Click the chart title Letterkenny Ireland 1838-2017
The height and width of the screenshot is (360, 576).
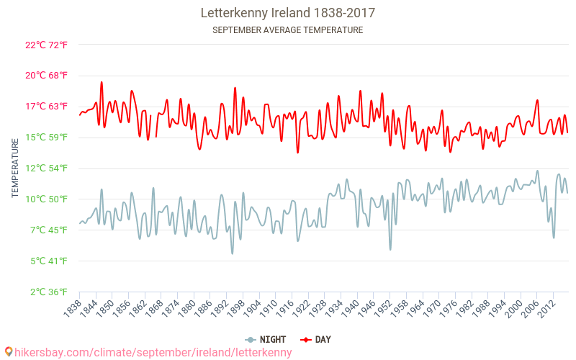[287, 13]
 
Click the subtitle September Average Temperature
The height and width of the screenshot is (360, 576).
[287, 30]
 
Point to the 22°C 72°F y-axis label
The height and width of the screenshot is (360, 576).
[46, 45]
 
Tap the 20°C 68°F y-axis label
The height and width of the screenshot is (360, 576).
[46, 76]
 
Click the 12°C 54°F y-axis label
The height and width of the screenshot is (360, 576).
[46, 168]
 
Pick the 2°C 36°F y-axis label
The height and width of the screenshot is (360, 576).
[48, 292]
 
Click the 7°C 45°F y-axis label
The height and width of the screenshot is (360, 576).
[48, 230]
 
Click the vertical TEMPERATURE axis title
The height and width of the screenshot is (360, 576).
[15, 168]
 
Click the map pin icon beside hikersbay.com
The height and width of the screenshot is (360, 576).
[9, 351]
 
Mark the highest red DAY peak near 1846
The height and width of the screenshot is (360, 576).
[102, 82]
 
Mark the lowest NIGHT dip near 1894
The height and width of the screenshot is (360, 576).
[232, 253]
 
